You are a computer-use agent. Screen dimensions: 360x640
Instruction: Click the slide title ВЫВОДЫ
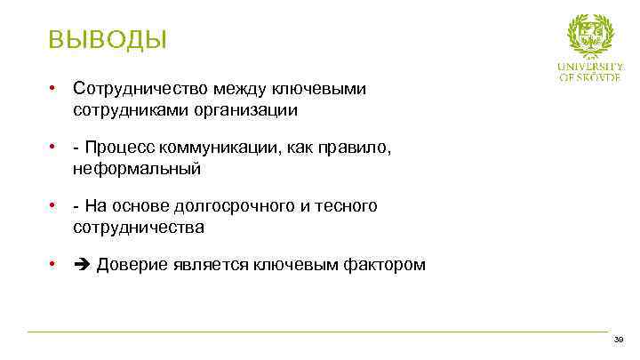pyautogui.click(x=108, y=40)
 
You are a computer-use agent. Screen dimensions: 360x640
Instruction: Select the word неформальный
pyautogui.click(x=138, y=168)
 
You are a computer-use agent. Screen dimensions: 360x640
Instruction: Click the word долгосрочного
pyautogui.click(x=237, y=206)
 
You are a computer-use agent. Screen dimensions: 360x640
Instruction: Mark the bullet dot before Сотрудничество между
pyautogui.click(x=54, y=89)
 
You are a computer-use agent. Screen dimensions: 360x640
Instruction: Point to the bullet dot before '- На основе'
pyautogui.click(x=54, y=206)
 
